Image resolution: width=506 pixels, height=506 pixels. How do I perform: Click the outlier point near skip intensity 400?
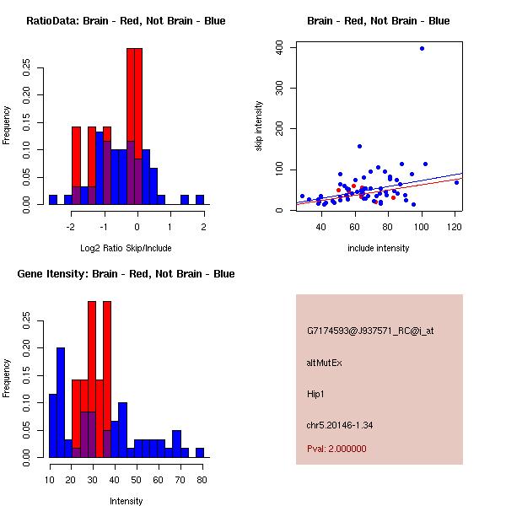pos(422,49)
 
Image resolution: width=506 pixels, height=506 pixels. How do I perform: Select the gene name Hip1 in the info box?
pos(316,394)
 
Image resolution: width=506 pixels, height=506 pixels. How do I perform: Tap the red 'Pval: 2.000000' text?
pos(336,449)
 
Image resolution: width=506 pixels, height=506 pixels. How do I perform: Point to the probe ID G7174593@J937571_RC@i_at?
pos(370,331)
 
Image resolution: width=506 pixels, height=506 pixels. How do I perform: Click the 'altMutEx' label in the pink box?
pos(324,363)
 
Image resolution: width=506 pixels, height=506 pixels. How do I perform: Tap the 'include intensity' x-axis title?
pos(379,248)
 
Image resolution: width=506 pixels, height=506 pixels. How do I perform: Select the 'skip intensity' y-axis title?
pos(260,126)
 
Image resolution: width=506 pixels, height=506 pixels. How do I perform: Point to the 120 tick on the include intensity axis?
pos(455,227)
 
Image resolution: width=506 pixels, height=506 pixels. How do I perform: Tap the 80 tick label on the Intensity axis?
pos(200,480)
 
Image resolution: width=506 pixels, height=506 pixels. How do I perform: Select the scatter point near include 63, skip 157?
pos(359,146)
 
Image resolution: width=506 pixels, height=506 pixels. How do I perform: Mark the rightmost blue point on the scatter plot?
pos(457,182)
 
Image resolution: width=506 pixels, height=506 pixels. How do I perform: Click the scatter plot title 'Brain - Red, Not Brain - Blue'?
pos(379,21)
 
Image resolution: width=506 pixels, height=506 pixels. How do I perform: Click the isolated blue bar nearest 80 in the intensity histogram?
pos(200,452)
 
